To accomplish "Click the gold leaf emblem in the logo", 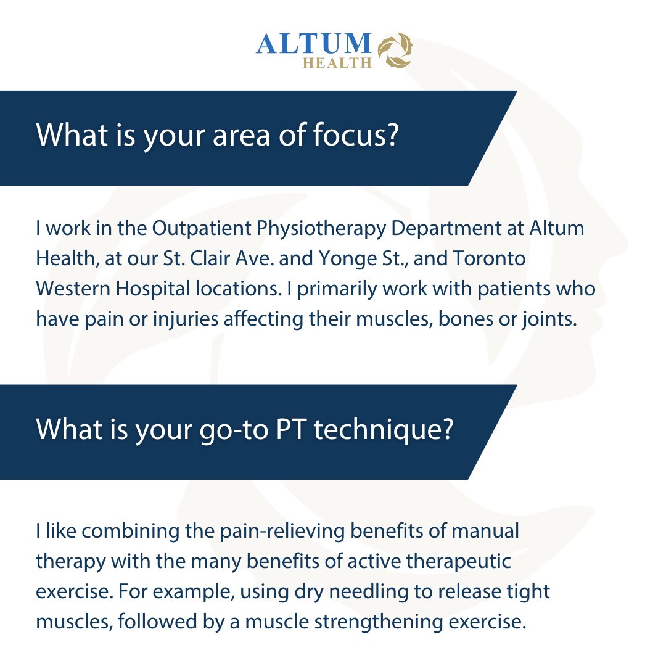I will (395, 50).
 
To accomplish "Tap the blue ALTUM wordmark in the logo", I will (313, 44).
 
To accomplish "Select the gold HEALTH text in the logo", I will (336, 62).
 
